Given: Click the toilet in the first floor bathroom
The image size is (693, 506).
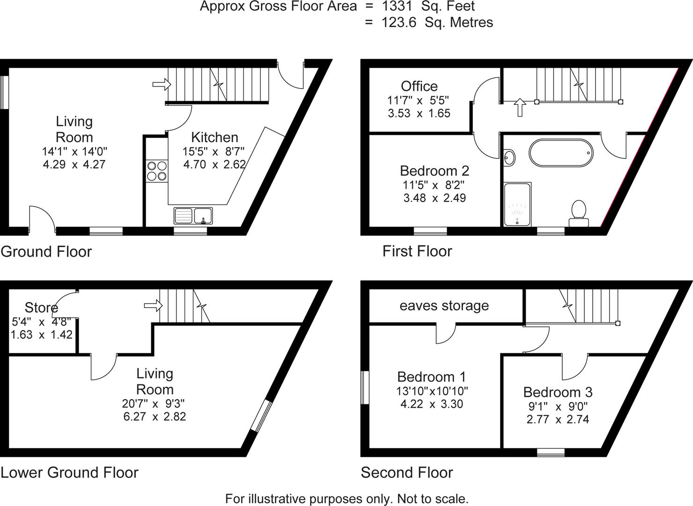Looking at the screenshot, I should pyautogui.click(x=579, y=213).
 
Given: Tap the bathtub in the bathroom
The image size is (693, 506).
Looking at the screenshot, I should pyautogui.click(x=561, y=153).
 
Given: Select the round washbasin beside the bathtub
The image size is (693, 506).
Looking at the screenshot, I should pyautogui.click(x=510, y=157).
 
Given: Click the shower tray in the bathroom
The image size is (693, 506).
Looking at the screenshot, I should pyautogui.click(x=517, y=204).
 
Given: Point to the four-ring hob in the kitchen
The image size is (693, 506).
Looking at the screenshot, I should pyautogui.click(x=157, y=170).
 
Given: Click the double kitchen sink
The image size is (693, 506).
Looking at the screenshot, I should pyautogui.click(x=193, y=216).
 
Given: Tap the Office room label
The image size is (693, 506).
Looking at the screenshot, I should pyautogui.click(x=419, y=86).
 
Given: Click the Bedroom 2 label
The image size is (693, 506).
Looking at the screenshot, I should pyautogui.click(x=434, y=171).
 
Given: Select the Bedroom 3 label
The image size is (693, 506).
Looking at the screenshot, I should pyautogui.click(x=558, y=392).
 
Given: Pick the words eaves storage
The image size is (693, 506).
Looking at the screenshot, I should pyautogui.click(x=444, y=306).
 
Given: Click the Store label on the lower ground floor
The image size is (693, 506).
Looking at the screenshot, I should pyautogui.click(x=41, y=308).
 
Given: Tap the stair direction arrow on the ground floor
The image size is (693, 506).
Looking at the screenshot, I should pyautogui.click(x=162, y=84).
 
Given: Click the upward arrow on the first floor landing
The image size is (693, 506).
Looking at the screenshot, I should pyautogui.click(x=520, y=107).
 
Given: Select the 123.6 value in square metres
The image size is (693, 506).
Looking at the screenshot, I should pyautogui.click(x=399, y=22).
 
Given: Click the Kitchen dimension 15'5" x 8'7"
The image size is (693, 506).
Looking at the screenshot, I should pyautogui.click(x=214, y=151).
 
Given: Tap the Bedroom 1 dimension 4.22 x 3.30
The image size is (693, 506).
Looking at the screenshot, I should pyautogui.click(x=432, y=404).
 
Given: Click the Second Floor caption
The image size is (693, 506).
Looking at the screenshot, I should pyautogui.click(x=407, y=473).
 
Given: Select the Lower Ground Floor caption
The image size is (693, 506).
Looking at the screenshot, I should pyautogui.click(x=69, y=473).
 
